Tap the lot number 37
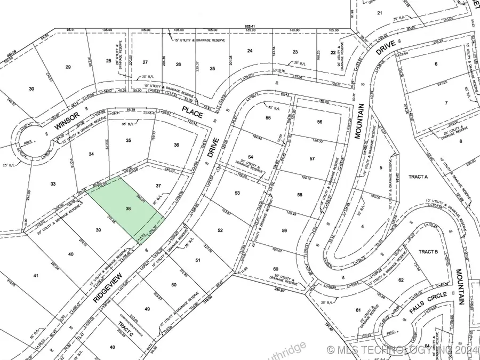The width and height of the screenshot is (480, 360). pyautogui.click(x=158, y=185)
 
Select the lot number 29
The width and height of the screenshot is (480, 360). pyautogui.click(x=68, y=67)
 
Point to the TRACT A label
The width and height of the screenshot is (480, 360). pyautogui.click(x=419, y=177)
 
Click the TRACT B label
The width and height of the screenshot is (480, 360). pyautogui.click(x=428, y=252)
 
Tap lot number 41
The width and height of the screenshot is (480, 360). pyautogui.click(x=36, y=276)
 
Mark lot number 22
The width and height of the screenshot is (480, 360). pyautogui.click(x=333, y=52)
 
